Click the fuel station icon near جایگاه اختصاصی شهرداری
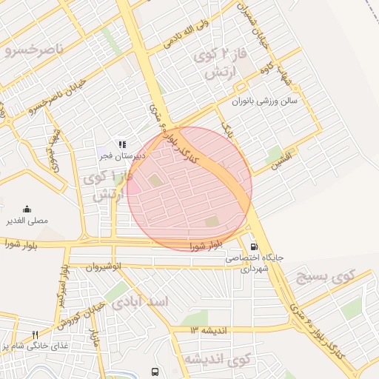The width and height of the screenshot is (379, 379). click(x=254, y=246)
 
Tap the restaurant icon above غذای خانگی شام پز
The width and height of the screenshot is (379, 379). click(x=35, y=335)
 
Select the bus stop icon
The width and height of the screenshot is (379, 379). click(x=155, y=372)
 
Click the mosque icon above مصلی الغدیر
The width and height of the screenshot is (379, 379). click(x=27, y=209)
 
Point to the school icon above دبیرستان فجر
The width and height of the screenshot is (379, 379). click(x=123, y=144)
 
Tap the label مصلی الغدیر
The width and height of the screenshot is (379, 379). click(x=27, y=221)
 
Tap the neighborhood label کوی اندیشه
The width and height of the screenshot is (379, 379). click(x=218, y=360)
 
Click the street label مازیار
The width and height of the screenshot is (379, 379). click(x=93, y=338)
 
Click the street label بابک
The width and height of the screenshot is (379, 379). click(x=227, y=131)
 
